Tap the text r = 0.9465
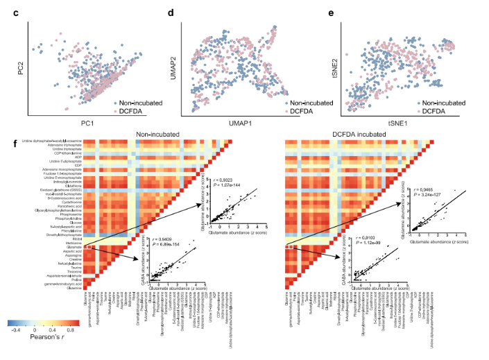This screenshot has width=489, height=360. (x=424, y=187)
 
